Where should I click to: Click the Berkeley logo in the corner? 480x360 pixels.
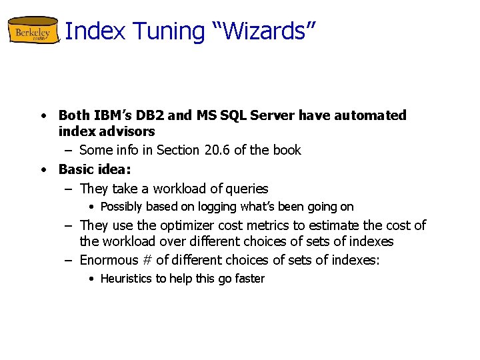point(33,31)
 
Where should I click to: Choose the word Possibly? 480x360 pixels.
point(121,207)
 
